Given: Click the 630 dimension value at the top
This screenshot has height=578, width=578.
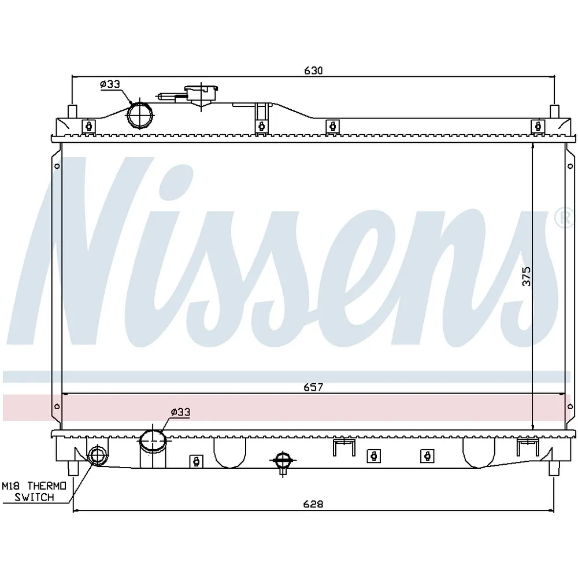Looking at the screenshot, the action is [313, 71].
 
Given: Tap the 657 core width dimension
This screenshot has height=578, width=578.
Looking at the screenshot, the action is [313, 387].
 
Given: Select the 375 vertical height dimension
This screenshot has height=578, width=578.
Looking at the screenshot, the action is [527, 276].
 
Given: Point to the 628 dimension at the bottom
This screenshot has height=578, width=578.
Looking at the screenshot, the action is [313, 504].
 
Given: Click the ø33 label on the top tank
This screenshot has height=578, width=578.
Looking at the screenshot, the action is [110, 84].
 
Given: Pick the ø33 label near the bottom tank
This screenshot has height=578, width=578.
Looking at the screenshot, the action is [180, 412].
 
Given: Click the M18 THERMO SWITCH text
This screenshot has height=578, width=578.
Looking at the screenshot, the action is [34, 491].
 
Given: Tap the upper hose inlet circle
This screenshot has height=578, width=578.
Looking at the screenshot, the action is [140, 116].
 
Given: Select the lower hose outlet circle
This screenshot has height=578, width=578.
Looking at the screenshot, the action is [153, 440].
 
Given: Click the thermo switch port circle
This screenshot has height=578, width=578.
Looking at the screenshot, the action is [98, 455].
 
